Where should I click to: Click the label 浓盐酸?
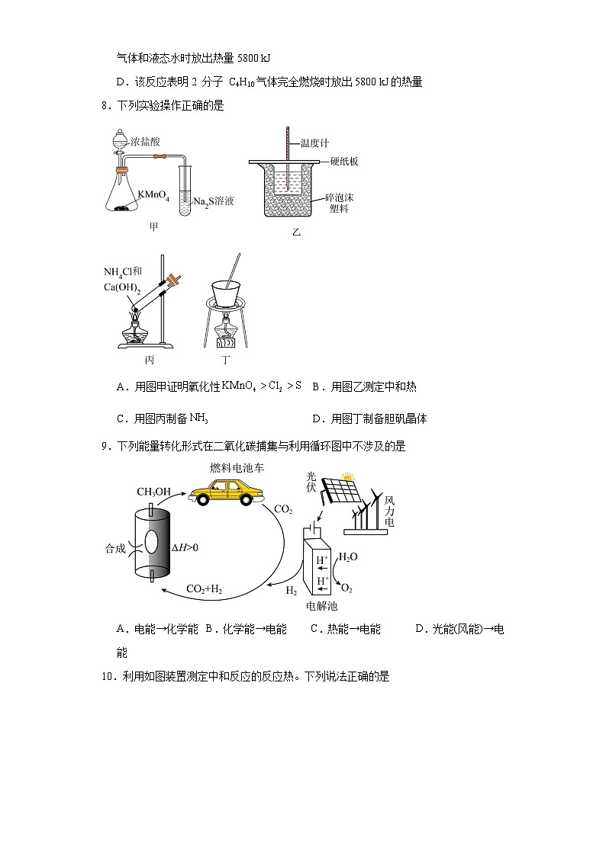(x=145, y=141)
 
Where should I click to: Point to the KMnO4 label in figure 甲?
(x=153, y=195)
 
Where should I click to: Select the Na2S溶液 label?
(x=213, y=201)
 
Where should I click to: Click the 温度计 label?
(x=314, y=143)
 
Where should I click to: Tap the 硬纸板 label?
(x=344, y=161)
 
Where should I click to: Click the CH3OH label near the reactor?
(x=153, y=492)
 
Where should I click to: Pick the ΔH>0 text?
(x=185, y=547)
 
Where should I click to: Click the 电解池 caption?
(x=321, y=605)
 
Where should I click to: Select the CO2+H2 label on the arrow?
(x=204, y=589)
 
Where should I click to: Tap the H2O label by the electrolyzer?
(x=348, y=557)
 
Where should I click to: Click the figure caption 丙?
(x=150, y=360)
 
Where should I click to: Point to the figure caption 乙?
(x=296, y=232)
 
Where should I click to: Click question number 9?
(x=106, y=447)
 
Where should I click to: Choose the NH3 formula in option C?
(x=199, y=418)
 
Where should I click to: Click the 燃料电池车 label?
(x=237, y=468)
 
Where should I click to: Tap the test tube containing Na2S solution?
(x=185, y=191)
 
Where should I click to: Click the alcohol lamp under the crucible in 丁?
(x=226, y=334)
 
